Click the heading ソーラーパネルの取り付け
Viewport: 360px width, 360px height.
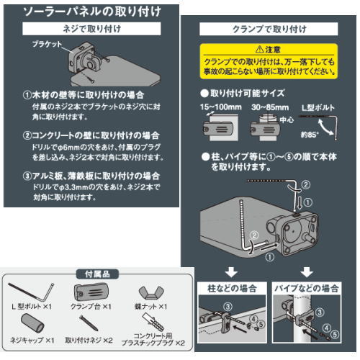[89, 13]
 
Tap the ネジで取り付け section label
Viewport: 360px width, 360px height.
[89, 30]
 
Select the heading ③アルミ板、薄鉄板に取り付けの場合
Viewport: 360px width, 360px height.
[89, 175]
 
